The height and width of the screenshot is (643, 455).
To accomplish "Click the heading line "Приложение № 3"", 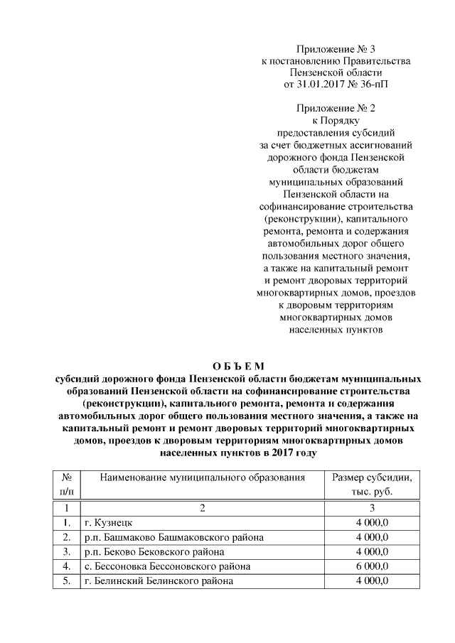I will [336, 50].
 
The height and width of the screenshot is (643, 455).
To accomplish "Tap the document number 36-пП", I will [373, 84].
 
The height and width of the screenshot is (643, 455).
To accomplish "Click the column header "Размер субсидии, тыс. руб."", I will [372, 485].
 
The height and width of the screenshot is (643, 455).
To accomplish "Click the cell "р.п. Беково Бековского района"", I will [154, 552].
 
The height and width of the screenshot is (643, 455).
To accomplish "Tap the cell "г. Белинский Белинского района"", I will [157, 581].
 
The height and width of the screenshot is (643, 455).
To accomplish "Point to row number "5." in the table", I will [66, 581].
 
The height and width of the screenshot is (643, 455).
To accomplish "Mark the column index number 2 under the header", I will [202, 508].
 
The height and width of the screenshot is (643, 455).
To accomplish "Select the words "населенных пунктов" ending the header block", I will [336, 330].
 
